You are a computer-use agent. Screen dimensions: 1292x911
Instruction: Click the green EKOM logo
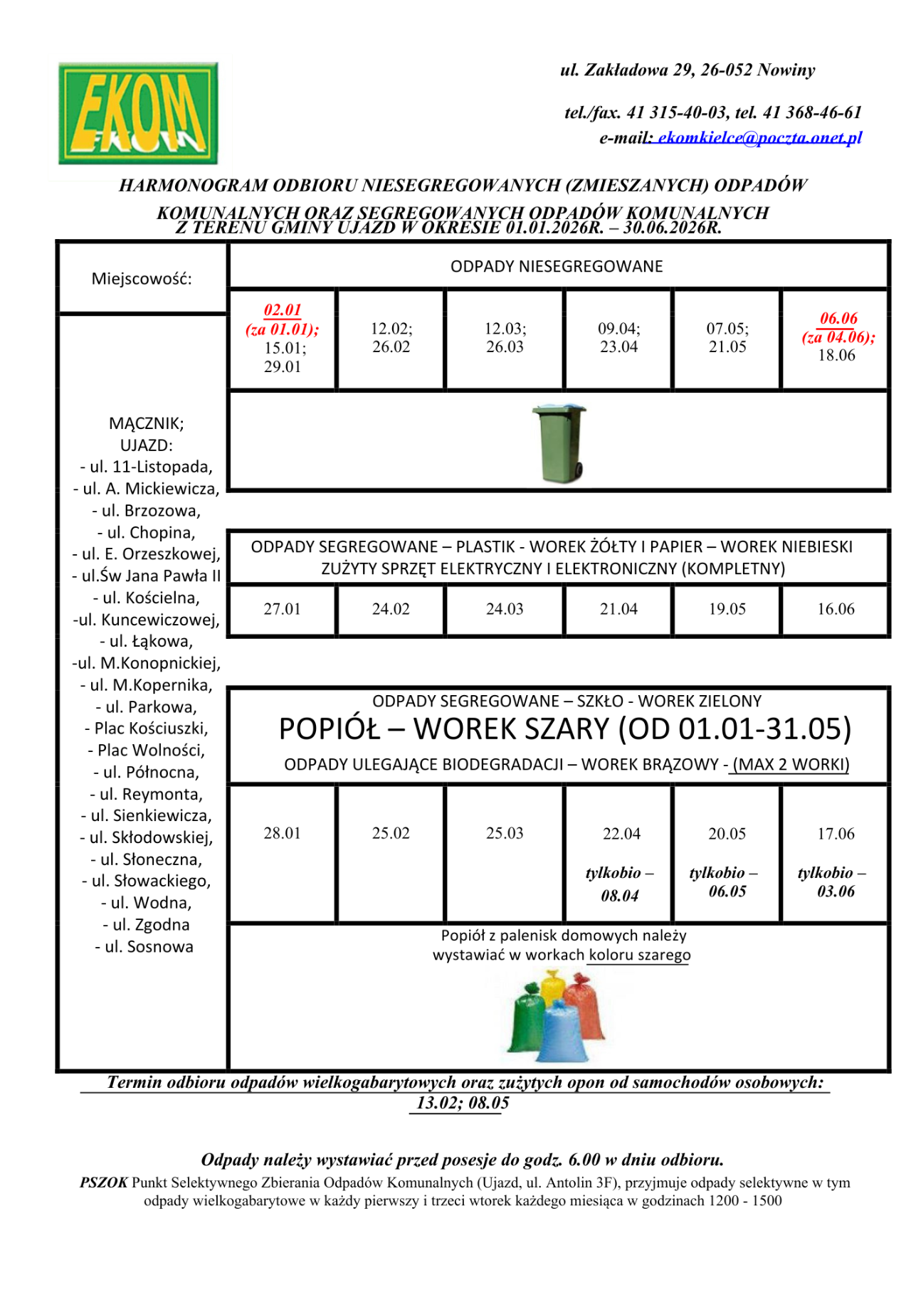click(138, 113)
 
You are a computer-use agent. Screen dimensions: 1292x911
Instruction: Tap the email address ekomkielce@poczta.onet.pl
click(759, 137)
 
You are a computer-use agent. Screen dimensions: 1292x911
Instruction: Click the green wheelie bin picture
click(561, 442)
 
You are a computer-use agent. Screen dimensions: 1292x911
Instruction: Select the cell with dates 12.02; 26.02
click(391, 338)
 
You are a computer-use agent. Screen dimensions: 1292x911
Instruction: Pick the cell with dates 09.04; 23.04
click(618, 338)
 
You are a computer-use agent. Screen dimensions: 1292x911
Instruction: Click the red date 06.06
click(838, 318)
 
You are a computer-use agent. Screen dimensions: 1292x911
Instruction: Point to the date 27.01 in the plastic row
click(282, 609)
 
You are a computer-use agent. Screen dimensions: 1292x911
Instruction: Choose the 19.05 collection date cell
click(727, 609)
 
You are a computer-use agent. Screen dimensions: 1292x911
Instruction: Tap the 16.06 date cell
click(836, 609)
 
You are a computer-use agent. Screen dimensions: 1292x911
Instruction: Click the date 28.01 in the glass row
click(282, 833)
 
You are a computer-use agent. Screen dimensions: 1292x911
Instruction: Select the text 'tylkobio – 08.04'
click(619, 884)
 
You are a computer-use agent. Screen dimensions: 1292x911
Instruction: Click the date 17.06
click(836, 834)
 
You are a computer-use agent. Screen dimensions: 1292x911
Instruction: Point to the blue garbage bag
click(565, 1033)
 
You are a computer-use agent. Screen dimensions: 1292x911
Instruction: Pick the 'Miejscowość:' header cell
click(142, 279)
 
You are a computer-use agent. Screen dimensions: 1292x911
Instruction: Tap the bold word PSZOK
click(104, 1182)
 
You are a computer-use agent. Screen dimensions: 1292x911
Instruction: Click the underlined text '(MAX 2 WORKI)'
click(790, 765)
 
